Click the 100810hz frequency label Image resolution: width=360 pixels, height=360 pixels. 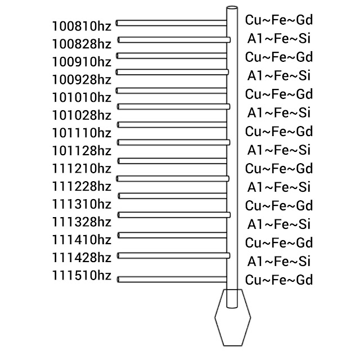[82, 25]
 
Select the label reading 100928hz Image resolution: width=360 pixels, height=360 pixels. [82, 79]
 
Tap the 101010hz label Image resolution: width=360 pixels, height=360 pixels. [82, 97]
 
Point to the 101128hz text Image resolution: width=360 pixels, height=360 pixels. [82, 150]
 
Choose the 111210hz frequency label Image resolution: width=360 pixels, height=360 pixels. [82, 168]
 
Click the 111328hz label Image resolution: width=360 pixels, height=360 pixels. [82, 222]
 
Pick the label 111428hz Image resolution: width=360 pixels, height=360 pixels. [82, 258]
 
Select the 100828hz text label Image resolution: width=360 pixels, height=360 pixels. [82, 43]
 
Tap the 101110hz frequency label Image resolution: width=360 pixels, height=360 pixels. [82, 133]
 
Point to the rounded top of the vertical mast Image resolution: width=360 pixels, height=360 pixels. [232, 9]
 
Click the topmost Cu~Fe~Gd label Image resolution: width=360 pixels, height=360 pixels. [279, 20]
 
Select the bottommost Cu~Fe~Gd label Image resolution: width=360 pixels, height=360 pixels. [279, 280]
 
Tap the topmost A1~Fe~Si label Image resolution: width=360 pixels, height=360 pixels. [279, 39]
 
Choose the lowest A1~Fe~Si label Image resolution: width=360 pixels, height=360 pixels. [279, 262]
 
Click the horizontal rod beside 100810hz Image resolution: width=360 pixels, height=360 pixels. [172, 23]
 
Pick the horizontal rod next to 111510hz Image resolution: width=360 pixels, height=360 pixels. [172, 279]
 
